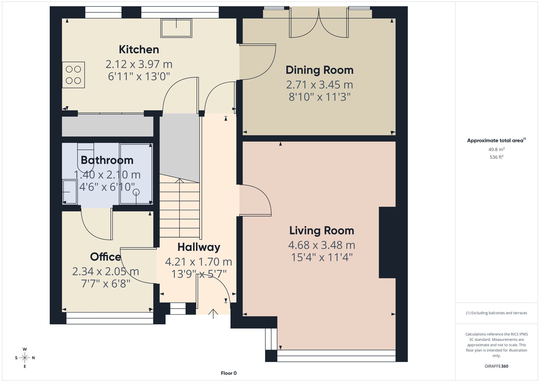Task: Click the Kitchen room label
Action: click(x=139, y=50)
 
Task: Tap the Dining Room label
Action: click(x=319, y=70)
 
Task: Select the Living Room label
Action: click(x=322, y=231)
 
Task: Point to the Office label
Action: click(x=105, y=257)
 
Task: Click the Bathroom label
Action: click(x=107, y=160)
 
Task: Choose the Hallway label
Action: click(x=199, y=247)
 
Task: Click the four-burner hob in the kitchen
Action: click(x=73, y=75)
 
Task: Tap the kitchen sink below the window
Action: click(x=176, y=28)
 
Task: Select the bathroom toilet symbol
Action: click(x=86, y=157)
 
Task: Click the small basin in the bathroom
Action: click(x=70, y=192)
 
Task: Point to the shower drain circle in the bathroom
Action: click(x=136, y=192)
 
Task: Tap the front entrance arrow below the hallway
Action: click(x=213, y=314)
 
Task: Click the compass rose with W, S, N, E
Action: click(x=25, y=358)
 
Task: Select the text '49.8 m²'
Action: click(x=497, y=149)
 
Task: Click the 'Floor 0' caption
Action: click(x=229, y=373)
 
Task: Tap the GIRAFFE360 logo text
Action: click(x=497, y=366)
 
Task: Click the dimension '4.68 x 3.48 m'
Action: click(x=322, y=245)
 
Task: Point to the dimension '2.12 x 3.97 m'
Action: click(x=139, y=64)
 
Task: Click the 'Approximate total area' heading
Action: click(x=496, y=140)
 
